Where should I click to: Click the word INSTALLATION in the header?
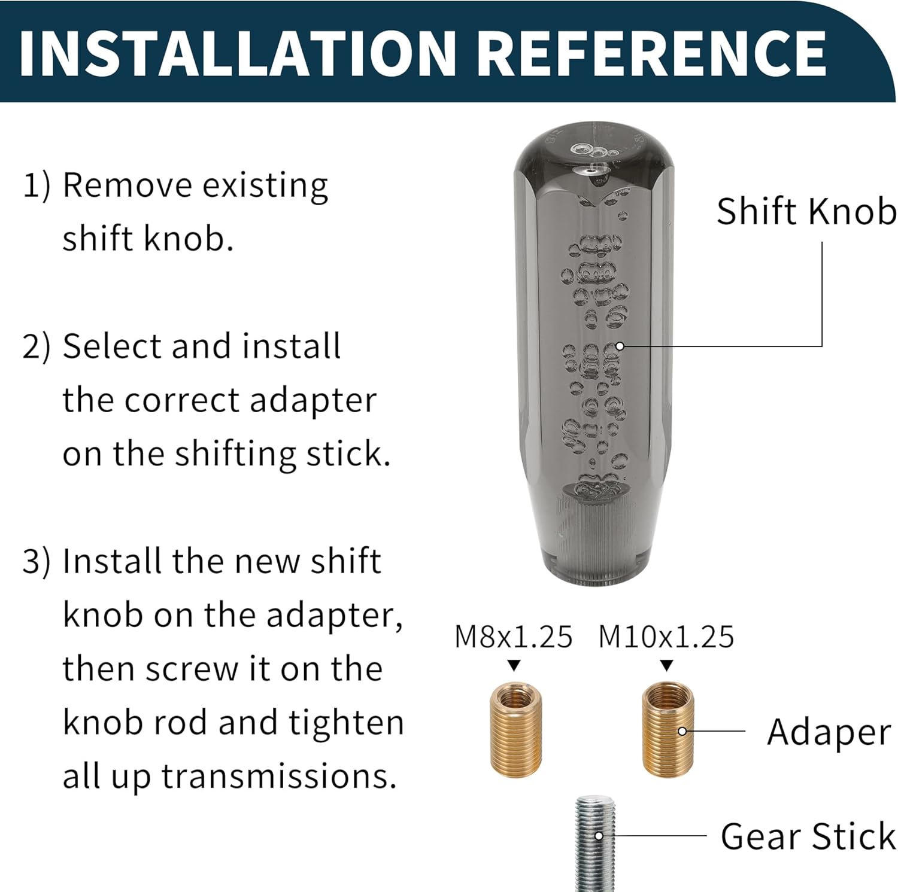tap(238, 53)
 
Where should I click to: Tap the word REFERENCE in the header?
tap(653, 53)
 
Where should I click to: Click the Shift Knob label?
tap(806, 212)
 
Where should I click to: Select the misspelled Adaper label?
tap(829, 733)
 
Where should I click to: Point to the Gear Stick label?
tap(808, 836)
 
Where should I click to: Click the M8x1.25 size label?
tap(514, 637)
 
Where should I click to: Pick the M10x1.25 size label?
tap(666, 637)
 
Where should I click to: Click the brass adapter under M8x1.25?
tap(516, 730)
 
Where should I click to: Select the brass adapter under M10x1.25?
tap(668, 729)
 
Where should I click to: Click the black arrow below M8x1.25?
tap(514, 665)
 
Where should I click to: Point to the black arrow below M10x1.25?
tap(667, 665)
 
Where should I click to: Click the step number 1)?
tap(37, 185)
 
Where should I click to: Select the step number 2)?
tap(37, 346)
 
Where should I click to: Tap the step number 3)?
tap(37, 562)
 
